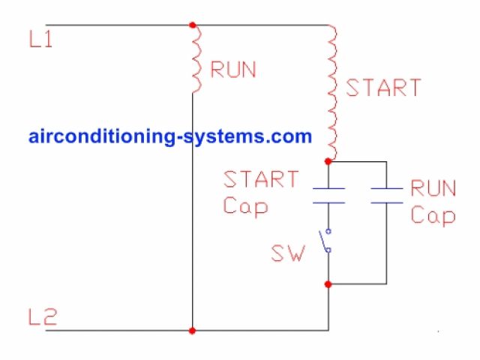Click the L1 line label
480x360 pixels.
click(40, 40)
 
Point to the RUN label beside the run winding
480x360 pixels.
click(233, 70)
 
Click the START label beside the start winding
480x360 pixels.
click(382, 88)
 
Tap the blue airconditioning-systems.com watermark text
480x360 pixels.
click(170, 137)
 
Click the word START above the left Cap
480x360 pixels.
click(261, 180)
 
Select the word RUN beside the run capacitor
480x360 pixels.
click(433, 188)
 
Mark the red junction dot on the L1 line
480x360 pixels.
click(193, 25)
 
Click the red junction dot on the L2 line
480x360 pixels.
click(193, 330)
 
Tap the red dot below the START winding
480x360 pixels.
click(328, 161)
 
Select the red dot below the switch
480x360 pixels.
click(328, 284)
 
